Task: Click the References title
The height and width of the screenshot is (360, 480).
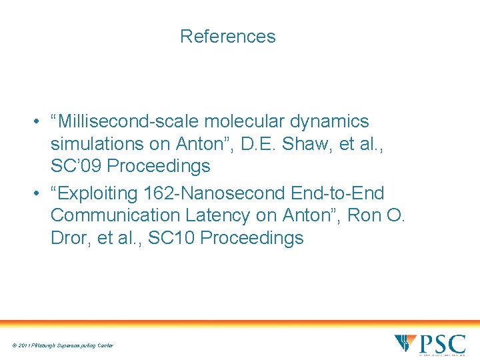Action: click(x=227, y=36)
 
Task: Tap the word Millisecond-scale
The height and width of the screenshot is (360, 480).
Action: click(x=131, y=121)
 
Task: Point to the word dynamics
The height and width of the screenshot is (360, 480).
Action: click(x=332, y=121)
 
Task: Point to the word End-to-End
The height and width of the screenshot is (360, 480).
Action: click(x=338, y=193)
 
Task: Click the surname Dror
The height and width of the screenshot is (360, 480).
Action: click(x=70, y=238)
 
